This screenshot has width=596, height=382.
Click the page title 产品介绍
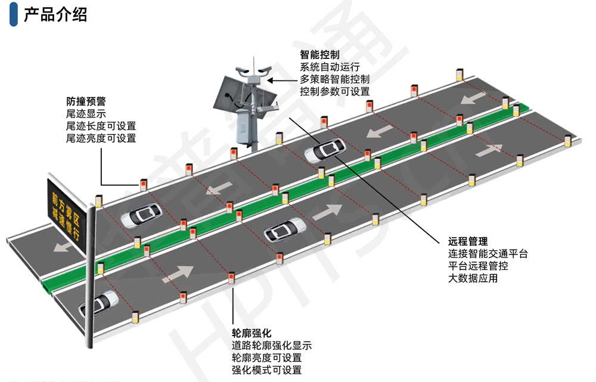[x=55, y=15]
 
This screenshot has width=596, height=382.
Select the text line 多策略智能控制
[x=334, y=79]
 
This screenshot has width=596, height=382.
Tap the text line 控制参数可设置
[x=334, y=92]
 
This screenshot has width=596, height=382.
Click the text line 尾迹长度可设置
[x=101, y=126]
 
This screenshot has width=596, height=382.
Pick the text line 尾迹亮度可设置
[x=101, y=139]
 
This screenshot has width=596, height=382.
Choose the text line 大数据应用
[x=473, y=278]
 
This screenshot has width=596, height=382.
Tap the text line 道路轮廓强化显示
[x=271, y=346]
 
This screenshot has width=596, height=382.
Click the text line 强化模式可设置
[x=266, y=370]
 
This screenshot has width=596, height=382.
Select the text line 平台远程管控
[x=478, y=266]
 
